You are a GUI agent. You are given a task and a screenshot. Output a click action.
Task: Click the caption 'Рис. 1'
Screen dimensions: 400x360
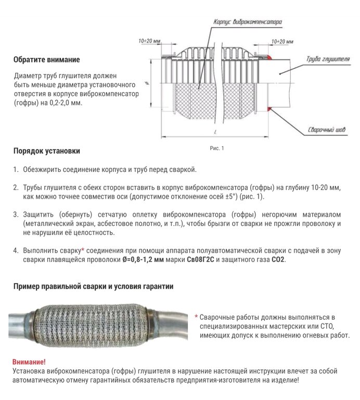[216, 148]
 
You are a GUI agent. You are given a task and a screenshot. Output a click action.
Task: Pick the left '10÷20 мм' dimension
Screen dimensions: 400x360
[151, 40]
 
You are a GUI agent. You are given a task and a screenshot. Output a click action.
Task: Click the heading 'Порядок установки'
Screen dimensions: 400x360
[47, 152]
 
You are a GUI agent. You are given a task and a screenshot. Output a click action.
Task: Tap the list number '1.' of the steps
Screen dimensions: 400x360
[16, 170]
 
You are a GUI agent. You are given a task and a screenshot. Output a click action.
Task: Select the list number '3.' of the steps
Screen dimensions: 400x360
[16, 214]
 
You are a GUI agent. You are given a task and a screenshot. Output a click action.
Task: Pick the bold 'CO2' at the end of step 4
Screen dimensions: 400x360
[278, 259]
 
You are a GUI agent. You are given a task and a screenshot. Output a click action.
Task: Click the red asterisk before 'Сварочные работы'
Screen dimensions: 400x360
[196, 317]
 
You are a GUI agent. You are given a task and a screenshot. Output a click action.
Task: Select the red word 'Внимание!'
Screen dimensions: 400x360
[29, 361]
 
